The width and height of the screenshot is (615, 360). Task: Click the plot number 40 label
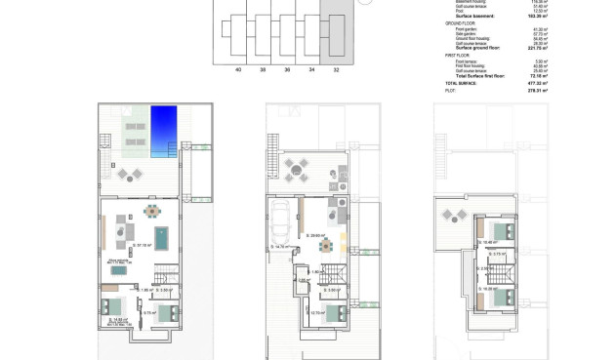pos(238,70)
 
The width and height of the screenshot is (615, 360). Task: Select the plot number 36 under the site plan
pos(287,70)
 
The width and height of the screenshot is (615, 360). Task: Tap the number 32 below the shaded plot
pos(337,70)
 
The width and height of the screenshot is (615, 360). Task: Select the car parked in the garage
pos(280,222)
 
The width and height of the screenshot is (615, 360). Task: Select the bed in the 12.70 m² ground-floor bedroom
pos(335,314)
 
